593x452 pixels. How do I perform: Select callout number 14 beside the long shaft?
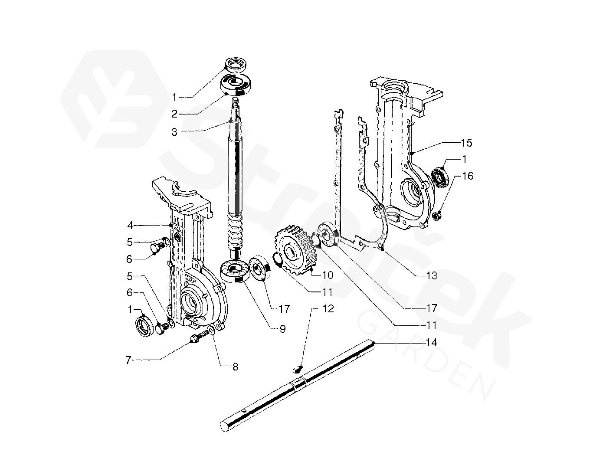(x=431, y=343)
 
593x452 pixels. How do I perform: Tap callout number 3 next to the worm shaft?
(x=174, y=132)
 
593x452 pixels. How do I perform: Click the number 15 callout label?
(x=466, y=143)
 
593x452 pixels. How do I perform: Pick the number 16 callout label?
(x=468, y=176)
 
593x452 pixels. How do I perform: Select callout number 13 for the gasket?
(x=431, y=275)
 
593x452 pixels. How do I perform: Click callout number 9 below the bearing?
(x=282, y=329)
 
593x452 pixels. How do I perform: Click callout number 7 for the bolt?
(x=128, y=360)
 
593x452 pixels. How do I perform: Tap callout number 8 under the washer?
(x=235, y=367)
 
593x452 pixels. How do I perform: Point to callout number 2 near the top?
(x=174, y=114)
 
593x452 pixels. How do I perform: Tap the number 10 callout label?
(x=328, y=275)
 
